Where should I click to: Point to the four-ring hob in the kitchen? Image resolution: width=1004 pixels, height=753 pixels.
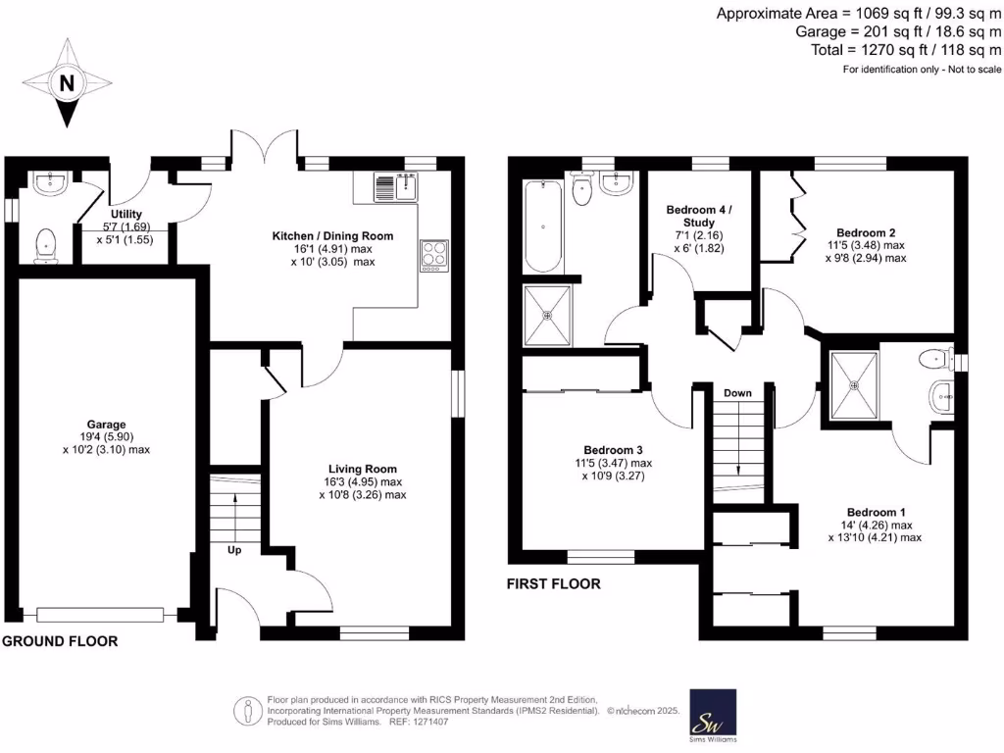point(433,256)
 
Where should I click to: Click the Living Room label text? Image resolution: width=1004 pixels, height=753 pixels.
point(362,469)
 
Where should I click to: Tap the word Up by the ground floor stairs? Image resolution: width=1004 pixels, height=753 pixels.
point(234,550)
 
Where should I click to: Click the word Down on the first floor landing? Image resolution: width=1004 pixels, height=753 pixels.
point(737,393)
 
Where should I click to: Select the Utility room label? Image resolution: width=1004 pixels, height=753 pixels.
point(126,214)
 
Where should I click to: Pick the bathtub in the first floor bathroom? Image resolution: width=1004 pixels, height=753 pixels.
point(541,226)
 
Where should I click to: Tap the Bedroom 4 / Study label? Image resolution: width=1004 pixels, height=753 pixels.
point(698,216)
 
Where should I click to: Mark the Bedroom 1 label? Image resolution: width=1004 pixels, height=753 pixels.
point(876,513)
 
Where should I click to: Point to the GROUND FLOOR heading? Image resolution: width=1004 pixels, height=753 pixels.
point(60,641)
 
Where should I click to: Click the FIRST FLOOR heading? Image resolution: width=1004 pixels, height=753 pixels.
point(553,584)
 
